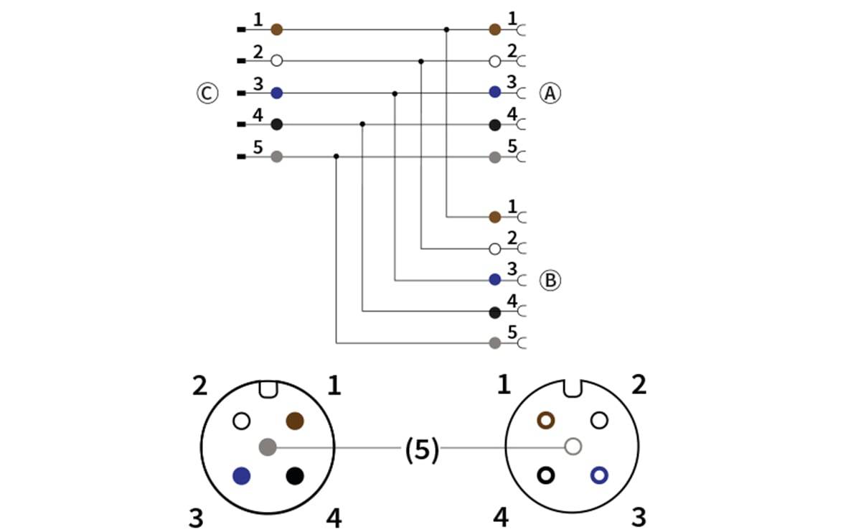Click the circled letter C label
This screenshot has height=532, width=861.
207,93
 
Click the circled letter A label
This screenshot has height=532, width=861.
550,93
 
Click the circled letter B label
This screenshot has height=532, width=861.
550,280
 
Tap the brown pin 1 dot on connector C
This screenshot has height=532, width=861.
276,29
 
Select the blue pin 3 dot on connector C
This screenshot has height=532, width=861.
276,93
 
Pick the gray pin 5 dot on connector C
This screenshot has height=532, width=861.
276,156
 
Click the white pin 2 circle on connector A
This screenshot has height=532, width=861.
494,61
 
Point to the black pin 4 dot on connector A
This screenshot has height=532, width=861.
494,125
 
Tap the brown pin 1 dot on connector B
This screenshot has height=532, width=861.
494,216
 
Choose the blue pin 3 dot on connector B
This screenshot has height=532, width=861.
494,279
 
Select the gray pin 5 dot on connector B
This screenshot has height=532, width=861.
494,342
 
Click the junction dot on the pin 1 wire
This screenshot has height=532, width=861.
446,29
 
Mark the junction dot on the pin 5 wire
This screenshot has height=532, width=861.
336,156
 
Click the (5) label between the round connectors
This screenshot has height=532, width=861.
421,449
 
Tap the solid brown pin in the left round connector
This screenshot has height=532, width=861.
295,421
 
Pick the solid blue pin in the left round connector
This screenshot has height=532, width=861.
242,475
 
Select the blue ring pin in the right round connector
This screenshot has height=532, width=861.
598,475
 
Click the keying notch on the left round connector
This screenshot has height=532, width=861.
268,389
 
